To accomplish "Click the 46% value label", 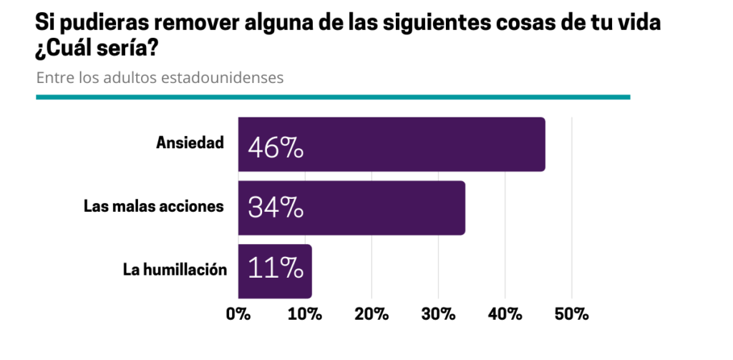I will point(276,148).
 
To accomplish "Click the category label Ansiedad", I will point(190,142).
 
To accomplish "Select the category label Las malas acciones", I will point(153,207).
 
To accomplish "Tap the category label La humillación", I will point(175,270).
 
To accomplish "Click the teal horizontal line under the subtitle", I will point(333,97).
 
